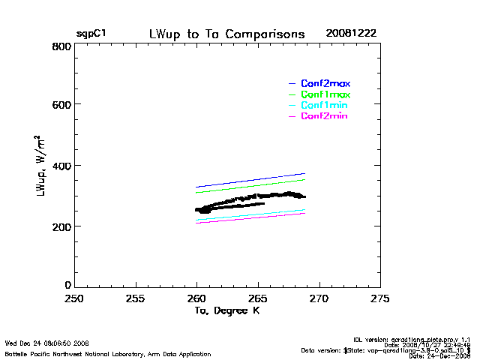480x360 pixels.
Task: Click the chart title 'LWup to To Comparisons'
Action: pos(226,34)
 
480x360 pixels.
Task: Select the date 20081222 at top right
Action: pos(351,34)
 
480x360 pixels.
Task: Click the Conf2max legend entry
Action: pos(325,83)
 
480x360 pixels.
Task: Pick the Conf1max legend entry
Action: pos(325,94)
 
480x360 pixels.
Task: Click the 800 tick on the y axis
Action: pos(61,46)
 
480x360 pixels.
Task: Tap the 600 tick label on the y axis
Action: pos(61,106)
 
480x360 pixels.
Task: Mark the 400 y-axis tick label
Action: pos(61,166)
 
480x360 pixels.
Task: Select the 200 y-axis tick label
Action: pos(61,226)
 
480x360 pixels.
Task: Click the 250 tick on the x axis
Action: pos(73,298)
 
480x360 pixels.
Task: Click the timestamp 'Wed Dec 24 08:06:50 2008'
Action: pos(46,343)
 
